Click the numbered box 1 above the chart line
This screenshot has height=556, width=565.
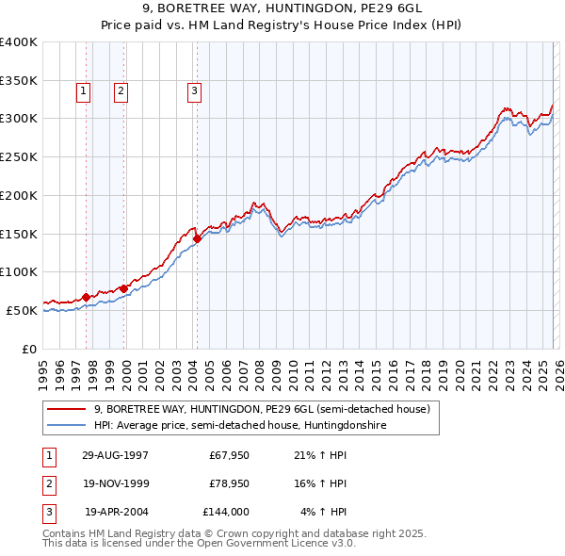click(84, 91)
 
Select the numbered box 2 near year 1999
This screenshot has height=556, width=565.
click(121, 91)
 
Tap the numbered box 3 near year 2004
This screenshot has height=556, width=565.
click(194, 91)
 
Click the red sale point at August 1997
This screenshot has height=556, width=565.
click(87, 297)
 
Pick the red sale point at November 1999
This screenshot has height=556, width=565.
click(123, 288)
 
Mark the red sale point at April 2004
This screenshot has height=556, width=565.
click(197, 238)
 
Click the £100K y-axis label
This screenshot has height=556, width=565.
click(19, 271)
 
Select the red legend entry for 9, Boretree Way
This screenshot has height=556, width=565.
click(261, 409)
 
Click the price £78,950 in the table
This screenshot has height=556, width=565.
click(226, 483)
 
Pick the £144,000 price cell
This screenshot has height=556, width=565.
click(226, 512)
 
